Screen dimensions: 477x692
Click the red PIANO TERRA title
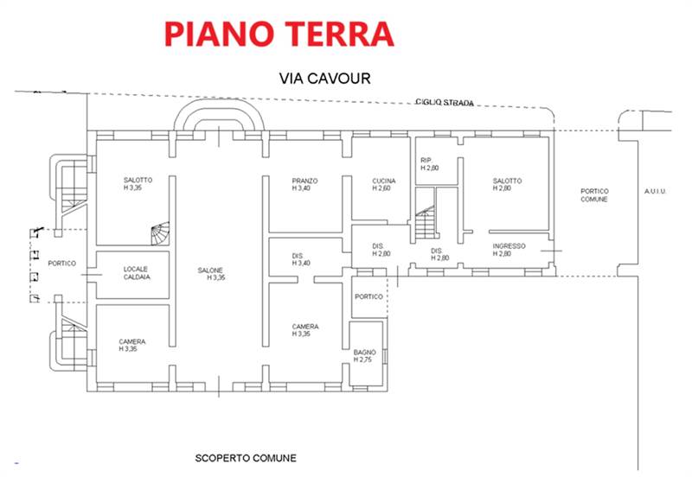[x=279, y=33]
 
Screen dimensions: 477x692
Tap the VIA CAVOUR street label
[x=325, y=79]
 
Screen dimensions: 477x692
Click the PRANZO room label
[x=304, y=181]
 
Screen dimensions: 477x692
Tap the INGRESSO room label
[x=509, y=245]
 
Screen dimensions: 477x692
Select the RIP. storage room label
[x=426, y=161]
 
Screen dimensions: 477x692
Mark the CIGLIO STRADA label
[x=445, y=103]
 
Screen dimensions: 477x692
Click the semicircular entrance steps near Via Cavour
[x=220, y=118]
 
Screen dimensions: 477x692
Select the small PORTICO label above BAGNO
[x=369, y=296]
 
